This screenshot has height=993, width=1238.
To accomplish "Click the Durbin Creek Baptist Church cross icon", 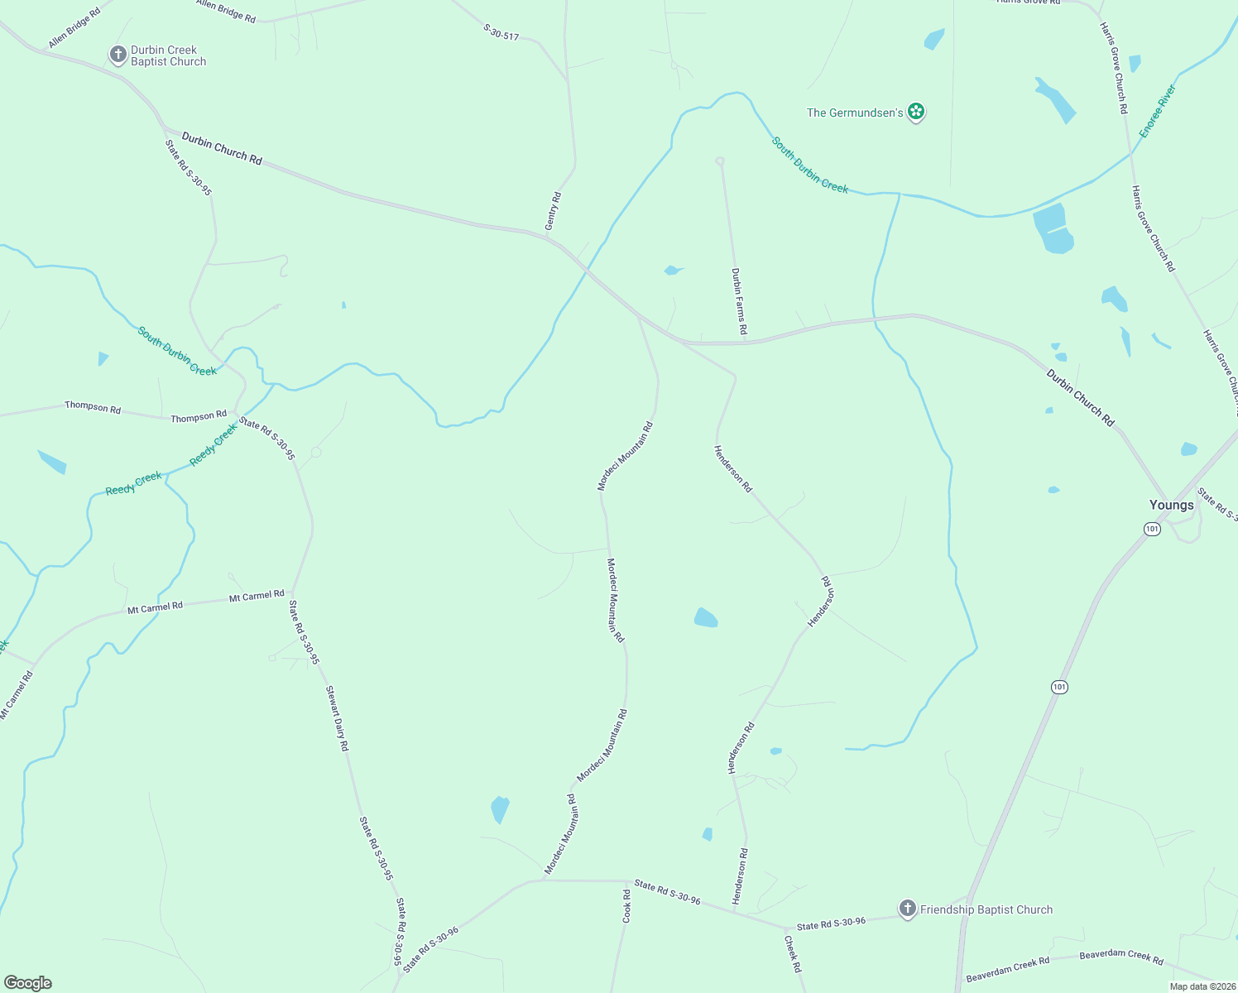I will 118,55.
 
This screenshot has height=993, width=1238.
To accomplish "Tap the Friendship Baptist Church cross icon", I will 908,909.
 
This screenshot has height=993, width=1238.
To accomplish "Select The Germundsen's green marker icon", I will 915,112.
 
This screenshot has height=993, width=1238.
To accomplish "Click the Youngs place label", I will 1171,505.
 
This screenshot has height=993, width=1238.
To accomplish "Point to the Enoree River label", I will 1158,111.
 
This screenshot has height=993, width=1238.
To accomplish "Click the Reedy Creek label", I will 134,484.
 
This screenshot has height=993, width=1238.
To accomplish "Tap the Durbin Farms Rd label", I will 739,301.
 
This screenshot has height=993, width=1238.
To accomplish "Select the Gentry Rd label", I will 554,211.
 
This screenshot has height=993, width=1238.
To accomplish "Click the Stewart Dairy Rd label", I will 337,718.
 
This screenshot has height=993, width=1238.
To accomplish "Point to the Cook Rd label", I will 627,906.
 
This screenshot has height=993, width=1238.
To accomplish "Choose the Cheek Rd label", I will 793,954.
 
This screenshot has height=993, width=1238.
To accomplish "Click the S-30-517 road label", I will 501,32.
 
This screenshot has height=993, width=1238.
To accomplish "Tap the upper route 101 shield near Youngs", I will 1152,529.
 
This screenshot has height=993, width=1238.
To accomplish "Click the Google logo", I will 28,983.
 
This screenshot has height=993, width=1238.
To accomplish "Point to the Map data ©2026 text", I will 1202,986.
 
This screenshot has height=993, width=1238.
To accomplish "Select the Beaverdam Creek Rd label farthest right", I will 1121,956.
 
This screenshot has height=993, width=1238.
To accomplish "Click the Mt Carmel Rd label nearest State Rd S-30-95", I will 257,596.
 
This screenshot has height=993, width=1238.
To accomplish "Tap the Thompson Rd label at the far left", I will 93,407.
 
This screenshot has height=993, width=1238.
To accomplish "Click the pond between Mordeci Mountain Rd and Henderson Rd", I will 705,617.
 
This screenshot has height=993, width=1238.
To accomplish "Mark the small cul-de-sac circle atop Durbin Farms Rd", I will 720,161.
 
